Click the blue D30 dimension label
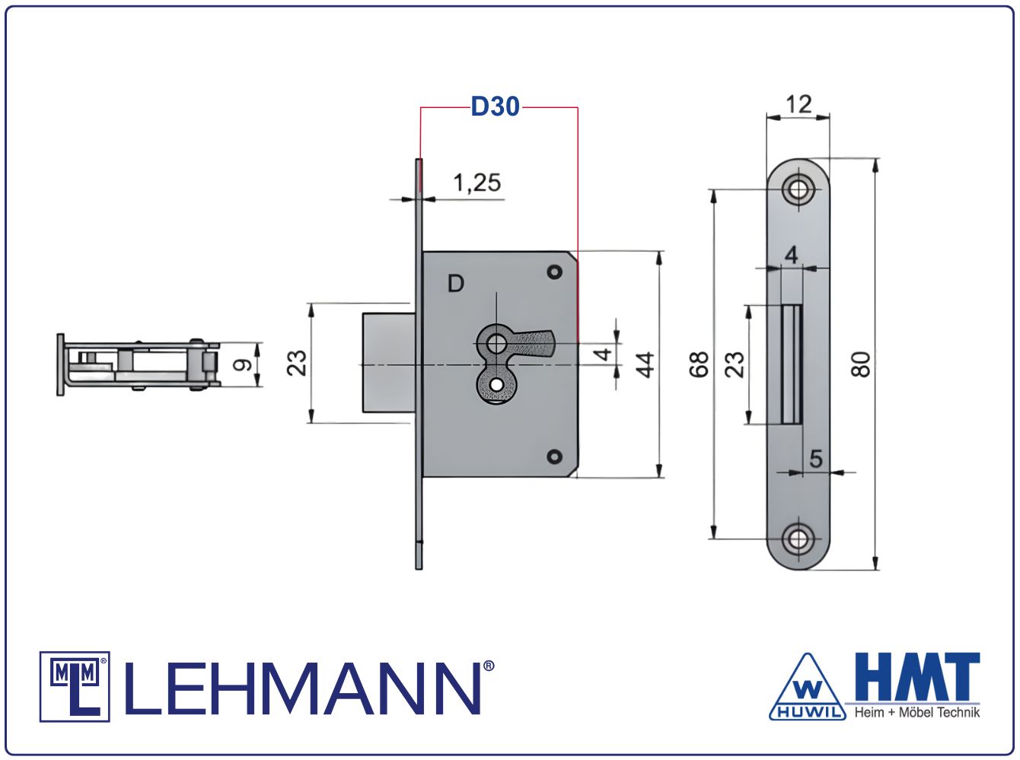(x=495, y=107)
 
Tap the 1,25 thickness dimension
(x=477, y=183)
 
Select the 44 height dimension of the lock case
(x=645, y=365)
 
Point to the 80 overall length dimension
(x=861, y=364)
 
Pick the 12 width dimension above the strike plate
(x=798, y=104)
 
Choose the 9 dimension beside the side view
(x=242, y=365)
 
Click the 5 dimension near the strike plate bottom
(x=816, y=459)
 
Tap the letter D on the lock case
(x=455, y=283)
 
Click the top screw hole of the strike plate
(x=798, y=189)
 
